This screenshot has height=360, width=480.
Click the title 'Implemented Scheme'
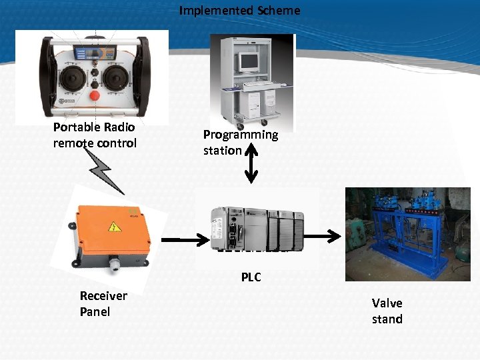(239, 11)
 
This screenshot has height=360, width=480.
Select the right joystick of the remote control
(113, 79)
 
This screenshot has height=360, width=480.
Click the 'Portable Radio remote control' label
(94, 135)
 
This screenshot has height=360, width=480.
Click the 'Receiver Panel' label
(103, 303)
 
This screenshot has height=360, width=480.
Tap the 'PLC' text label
(251, 277)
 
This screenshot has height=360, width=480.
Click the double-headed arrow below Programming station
(251, 163)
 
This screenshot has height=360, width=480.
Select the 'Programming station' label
(240, 142)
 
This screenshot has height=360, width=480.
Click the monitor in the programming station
(248, 62)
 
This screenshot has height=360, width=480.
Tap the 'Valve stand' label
(387, 311)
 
